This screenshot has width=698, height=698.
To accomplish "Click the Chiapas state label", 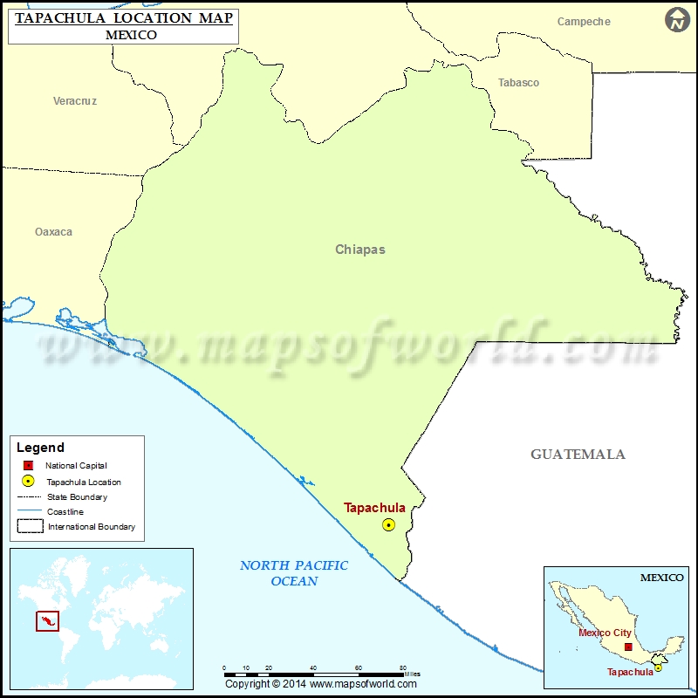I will coord(359,250).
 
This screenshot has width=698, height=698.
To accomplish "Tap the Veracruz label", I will coord(75,101).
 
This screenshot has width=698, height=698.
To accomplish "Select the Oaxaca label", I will coord(53,232).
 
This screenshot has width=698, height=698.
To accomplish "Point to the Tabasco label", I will coord(518,83).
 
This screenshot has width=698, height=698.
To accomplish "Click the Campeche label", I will coord(584,22).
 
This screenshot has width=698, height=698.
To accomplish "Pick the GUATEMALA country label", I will coord(578,455).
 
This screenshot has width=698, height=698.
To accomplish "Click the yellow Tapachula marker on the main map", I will coord(388,524).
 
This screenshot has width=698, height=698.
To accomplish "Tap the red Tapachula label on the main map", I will coord(374,508).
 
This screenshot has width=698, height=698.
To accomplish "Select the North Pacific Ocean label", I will coord(294,573).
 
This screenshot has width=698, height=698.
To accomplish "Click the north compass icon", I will coord(677,20).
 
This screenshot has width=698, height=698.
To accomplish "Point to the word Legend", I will coord(40,448).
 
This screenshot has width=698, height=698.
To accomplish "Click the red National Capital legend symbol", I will coord(28,466).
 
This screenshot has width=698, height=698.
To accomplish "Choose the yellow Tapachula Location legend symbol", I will coord(28,482).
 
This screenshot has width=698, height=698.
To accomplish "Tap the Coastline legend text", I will coord(65,512).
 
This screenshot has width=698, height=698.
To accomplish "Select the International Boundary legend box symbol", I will coord(29,526).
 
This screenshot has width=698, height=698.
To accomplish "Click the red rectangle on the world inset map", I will coord(47,621).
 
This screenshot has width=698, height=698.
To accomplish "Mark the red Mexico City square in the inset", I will coord(628,647).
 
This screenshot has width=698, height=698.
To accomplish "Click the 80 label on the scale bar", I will coord(403,667).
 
